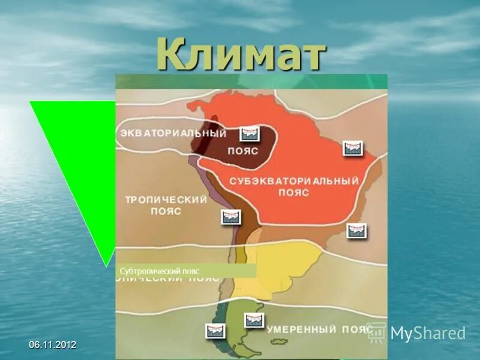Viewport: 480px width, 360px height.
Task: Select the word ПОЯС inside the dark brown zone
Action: [x=242, y=151]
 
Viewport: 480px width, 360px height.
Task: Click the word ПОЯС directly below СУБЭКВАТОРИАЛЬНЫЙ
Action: [x=293, y=193]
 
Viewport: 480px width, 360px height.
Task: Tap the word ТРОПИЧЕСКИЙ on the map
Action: [x=165, y=200]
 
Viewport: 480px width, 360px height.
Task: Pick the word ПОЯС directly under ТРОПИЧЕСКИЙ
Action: [x=166, y=212]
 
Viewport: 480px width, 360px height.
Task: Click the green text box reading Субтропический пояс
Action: [x=186, y=271]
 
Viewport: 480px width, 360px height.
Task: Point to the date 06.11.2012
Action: [x=53, y=345]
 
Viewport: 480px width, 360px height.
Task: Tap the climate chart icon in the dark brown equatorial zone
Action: [x=250, y=134]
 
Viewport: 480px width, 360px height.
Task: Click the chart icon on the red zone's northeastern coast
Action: [x=352, y=148]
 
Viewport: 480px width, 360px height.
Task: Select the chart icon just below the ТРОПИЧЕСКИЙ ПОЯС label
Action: [x=230, y=217]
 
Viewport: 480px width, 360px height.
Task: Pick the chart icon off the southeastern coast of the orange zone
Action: [x=356, y=230]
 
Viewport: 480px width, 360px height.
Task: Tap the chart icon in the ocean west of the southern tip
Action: [x=215, y=331]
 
